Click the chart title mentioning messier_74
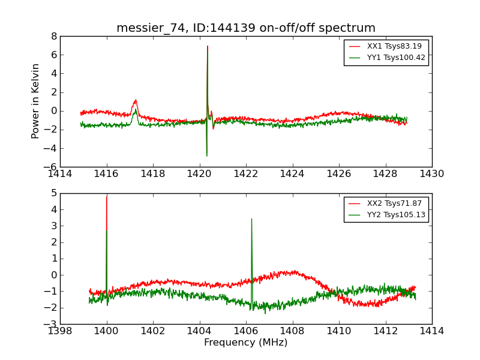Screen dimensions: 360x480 (245, 28)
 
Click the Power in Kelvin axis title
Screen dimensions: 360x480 (36, 101)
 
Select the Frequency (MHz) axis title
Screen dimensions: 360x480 (245, 343)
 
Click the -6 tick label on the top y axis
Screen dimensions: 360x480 (52, 167)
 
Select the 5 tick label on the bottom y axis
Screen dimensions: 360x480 (54, 193)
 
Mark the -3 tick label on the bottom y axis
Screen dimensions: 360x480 (52, 324)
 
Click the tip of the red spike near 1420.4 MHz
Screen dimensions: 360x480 (208, 46)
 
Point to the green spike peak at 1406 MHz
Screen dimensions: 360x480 (251, 219)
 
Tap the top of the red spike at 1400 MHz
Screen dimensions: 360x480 (107, 197)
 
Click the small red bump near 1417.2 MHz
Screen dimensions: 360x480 (136, 100)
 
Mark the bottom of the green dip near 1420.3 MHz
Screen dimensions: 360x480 (207, 156)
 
